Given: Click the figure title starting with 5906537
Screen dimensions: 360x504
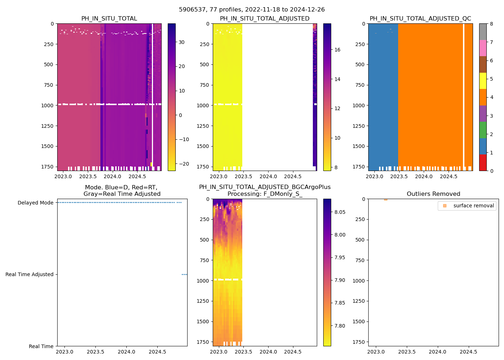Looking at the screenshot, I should (x=252, y=10).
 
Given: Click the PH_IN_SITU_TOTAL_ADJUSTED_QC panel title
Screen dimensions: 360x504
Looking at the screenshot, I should (x=420, y=19).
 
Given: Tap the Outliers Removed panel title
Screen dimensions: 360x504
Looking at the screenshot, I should (x=433, y=194).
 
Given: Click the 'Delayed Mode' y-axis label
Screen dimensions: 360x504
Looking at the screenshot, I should (x=35, y=203).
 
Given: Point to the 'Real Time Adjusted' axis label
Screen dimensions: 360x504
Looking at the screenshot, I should (x=30, y=274).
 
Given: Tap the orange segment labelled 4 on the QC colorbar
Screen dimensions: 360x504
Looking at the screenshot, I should (x=483, y=97).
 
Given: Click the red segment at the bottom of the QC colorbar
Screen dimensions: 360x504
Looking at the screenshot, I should (x=483, y=163).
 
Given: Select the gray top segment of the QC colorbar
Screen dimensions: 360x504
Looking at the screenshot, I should (x=483, y=32).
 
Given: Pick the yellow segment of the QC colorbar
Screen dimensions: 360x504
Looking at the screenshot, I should (x=483, y=81).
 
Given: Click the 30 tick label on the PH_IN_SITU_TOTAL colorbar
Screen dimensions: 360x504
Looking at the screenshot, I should (x=181, y=42).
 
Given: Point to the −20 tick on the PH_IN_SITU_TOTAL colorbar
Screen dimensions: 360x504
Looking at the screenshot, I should (x=184, y=164).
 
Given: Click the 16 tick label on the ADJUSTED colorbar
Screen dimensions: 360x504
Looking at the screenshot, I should (x=337, y=50).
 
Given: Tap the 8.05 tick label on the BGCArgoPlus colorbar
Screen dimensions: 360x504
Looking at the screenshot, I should (x=339, y=212).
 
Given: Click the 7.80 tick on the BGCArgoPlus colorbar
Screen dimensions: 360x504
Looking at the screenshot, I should (x=339, y=326).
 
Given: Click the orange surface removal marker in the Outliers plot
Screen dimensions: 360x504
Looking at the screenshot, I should (x=386, y=199).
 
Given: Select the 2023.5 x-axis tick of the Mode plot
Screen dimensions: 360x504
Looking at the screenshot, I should (x=95, y=352).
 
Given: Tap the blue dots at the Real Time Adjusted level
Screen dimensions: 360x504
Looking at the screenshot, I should (x=184, y=274).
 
